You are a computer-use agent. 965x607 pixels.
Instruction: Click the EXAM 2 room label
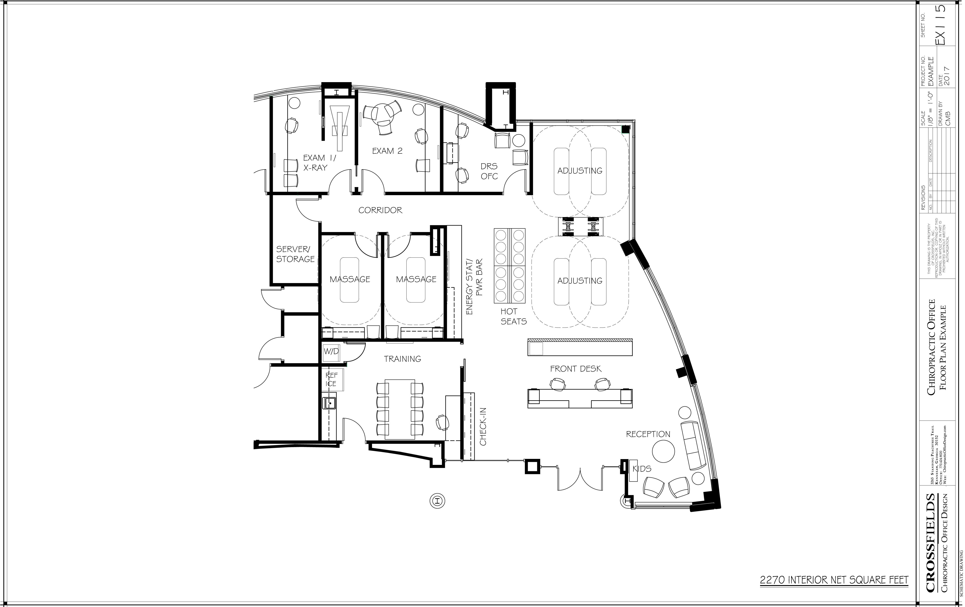point(387,151)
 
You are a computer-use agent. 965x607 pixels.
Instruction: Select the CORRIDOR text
point(380,210)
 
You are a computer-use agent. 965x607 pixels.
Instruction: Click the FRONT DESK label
point(575,369)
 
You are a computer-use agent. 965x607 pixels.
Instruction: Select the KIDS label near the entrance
point(642,469)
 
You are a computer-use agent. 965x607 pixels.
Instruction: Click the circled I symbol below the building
point(438,501)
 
